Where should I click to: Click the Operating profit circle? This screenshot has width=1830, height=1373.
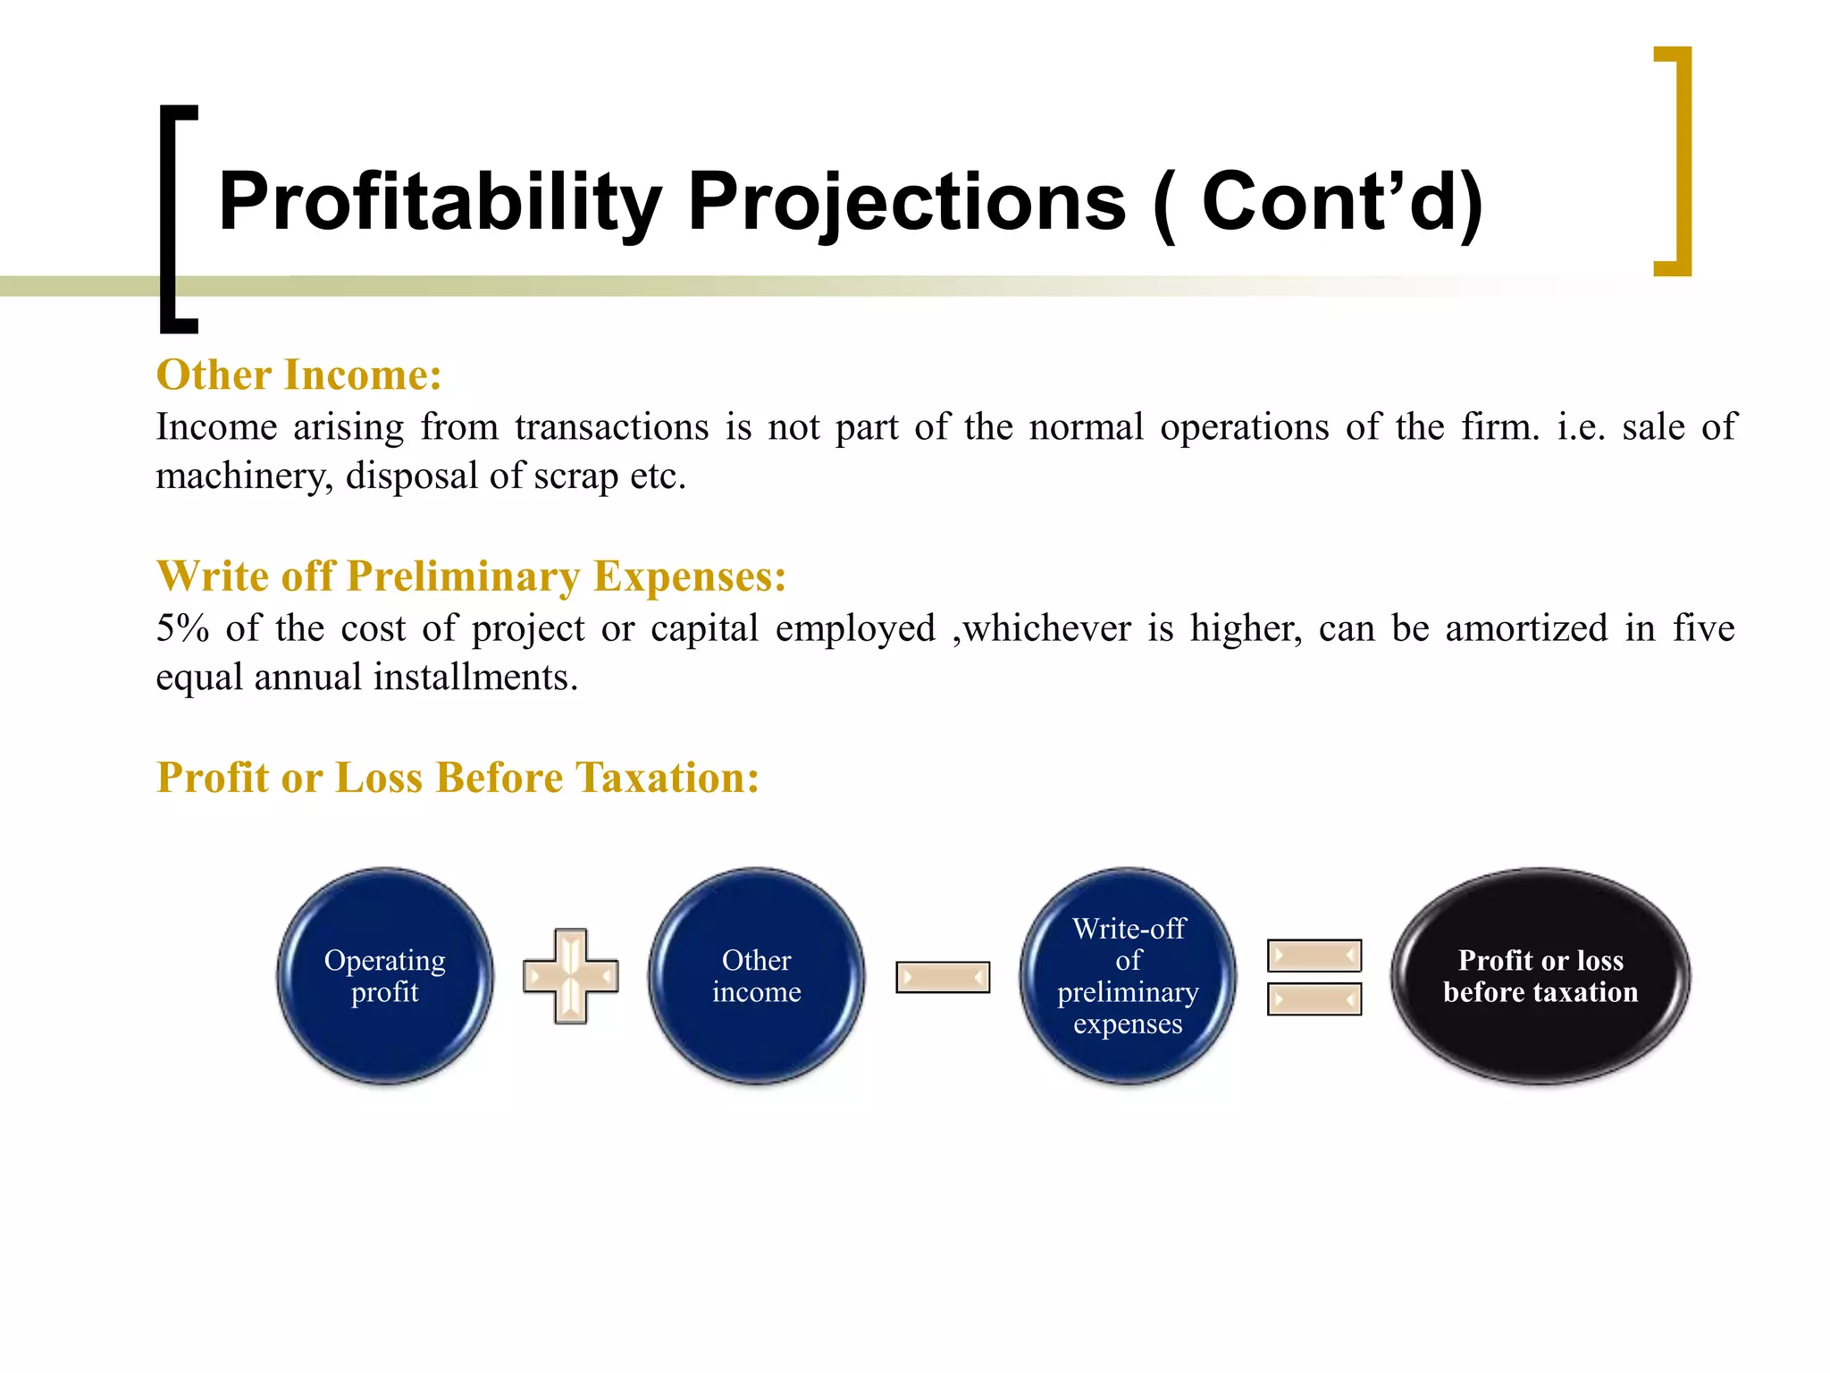click(385, 976)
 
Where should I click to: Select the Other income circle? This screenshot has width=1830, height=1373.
click(756, 976)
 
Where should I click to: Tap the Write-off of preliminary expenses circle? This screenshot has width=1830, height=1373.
click(1128, 976)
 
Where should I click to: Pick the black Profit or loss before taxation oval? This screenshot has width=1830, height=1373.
click(1540, 976)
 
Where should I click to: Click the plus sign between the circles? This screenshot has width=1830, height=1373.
click(571, 976)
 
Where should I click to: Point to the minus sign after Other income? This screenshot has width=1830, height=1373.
click(943, 977)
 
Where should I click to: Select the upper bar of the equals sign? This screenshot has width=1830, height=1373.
click(1314, 956)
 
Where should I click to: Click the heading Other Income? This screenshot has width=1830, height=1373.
click(298, 375)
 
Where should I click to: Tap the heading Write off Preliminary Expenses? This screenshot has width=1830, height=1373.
click(471, 576)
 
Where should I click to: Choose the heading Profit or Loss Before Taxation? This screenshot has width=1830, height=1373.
click(457, 777)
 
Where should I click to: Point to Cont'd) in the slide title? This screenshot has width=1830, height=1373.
click(1342, 202)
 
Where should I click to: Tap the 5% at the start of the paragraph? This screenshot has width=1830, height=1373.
click(182, 628)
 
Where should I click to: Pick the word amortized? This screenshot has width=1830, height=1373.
click(1526, 628)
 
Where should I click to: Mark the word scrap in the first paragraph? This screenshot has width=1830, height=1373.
click(575, 476)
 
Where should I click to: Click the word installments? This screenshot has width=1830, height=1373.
click(475, 678)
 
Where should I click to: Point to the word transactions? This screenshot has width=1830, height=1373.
click(611, 427)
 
